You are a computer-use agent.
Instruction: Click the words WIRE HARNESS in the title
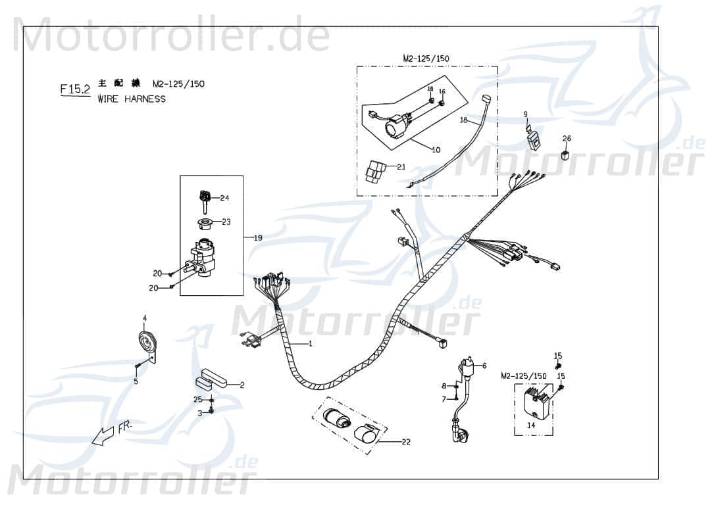click(132, 99)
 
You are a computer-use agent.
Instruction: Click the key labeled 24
click(205, 195)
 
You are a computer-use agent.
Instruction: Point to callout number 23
click(226, 222)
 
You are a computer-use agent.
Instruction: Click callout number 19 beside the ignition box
click(258, 237)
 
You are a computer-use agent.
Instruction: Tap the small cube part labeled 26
click(565, 155)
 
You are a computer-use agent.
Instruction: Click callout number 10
click(436, 150)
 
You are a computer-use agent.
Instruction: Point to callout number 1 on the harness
click(311, 344)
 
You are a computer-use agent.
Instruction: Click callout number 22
click(406, 442)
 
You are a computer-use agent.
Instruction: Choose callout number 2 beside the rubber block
click(242, 385)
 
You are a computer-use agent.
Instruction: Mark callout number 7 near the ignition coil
click(444, 399)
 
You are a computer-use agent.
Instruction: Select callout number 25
click(197, 399)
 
